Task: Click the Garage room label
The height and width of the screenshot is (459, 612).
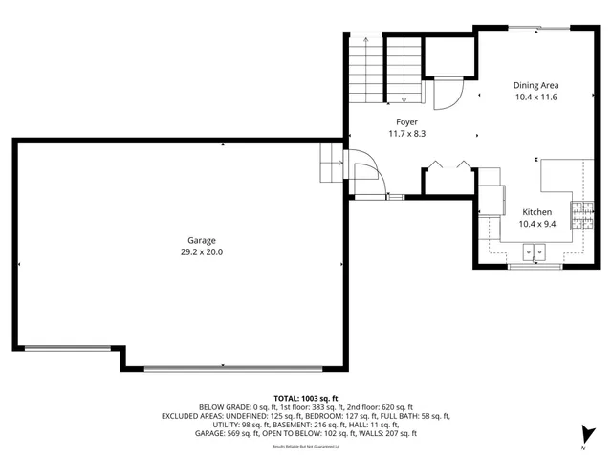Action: (201, 240)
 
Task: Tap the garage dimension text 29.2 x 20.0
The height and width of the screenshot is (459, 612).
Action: (201, 251)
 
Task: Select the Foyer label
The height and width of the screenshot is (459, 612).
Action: (406, 121)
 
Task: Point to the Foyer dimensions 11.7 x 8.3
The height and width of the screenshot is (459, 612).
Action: (406, 133)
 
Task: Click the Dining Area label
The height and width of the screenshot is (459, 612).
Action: (535, 85)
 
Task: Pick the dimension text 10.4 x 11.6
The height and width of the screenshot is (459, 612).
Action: (535, 97)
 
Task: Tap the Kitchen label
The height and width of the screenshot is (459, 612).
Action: (535, 211)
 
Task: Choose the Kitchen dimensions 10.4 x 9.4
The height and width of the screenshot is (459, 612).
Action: (535, 223)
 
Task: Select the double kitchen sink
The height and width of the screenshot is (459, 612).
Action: (534, 252)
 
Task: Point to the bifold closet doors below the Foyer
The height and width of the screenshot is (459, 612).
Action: (448, 165)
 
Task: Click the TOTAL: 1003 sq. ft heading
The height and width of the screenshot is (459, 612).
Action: (306, 398)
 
